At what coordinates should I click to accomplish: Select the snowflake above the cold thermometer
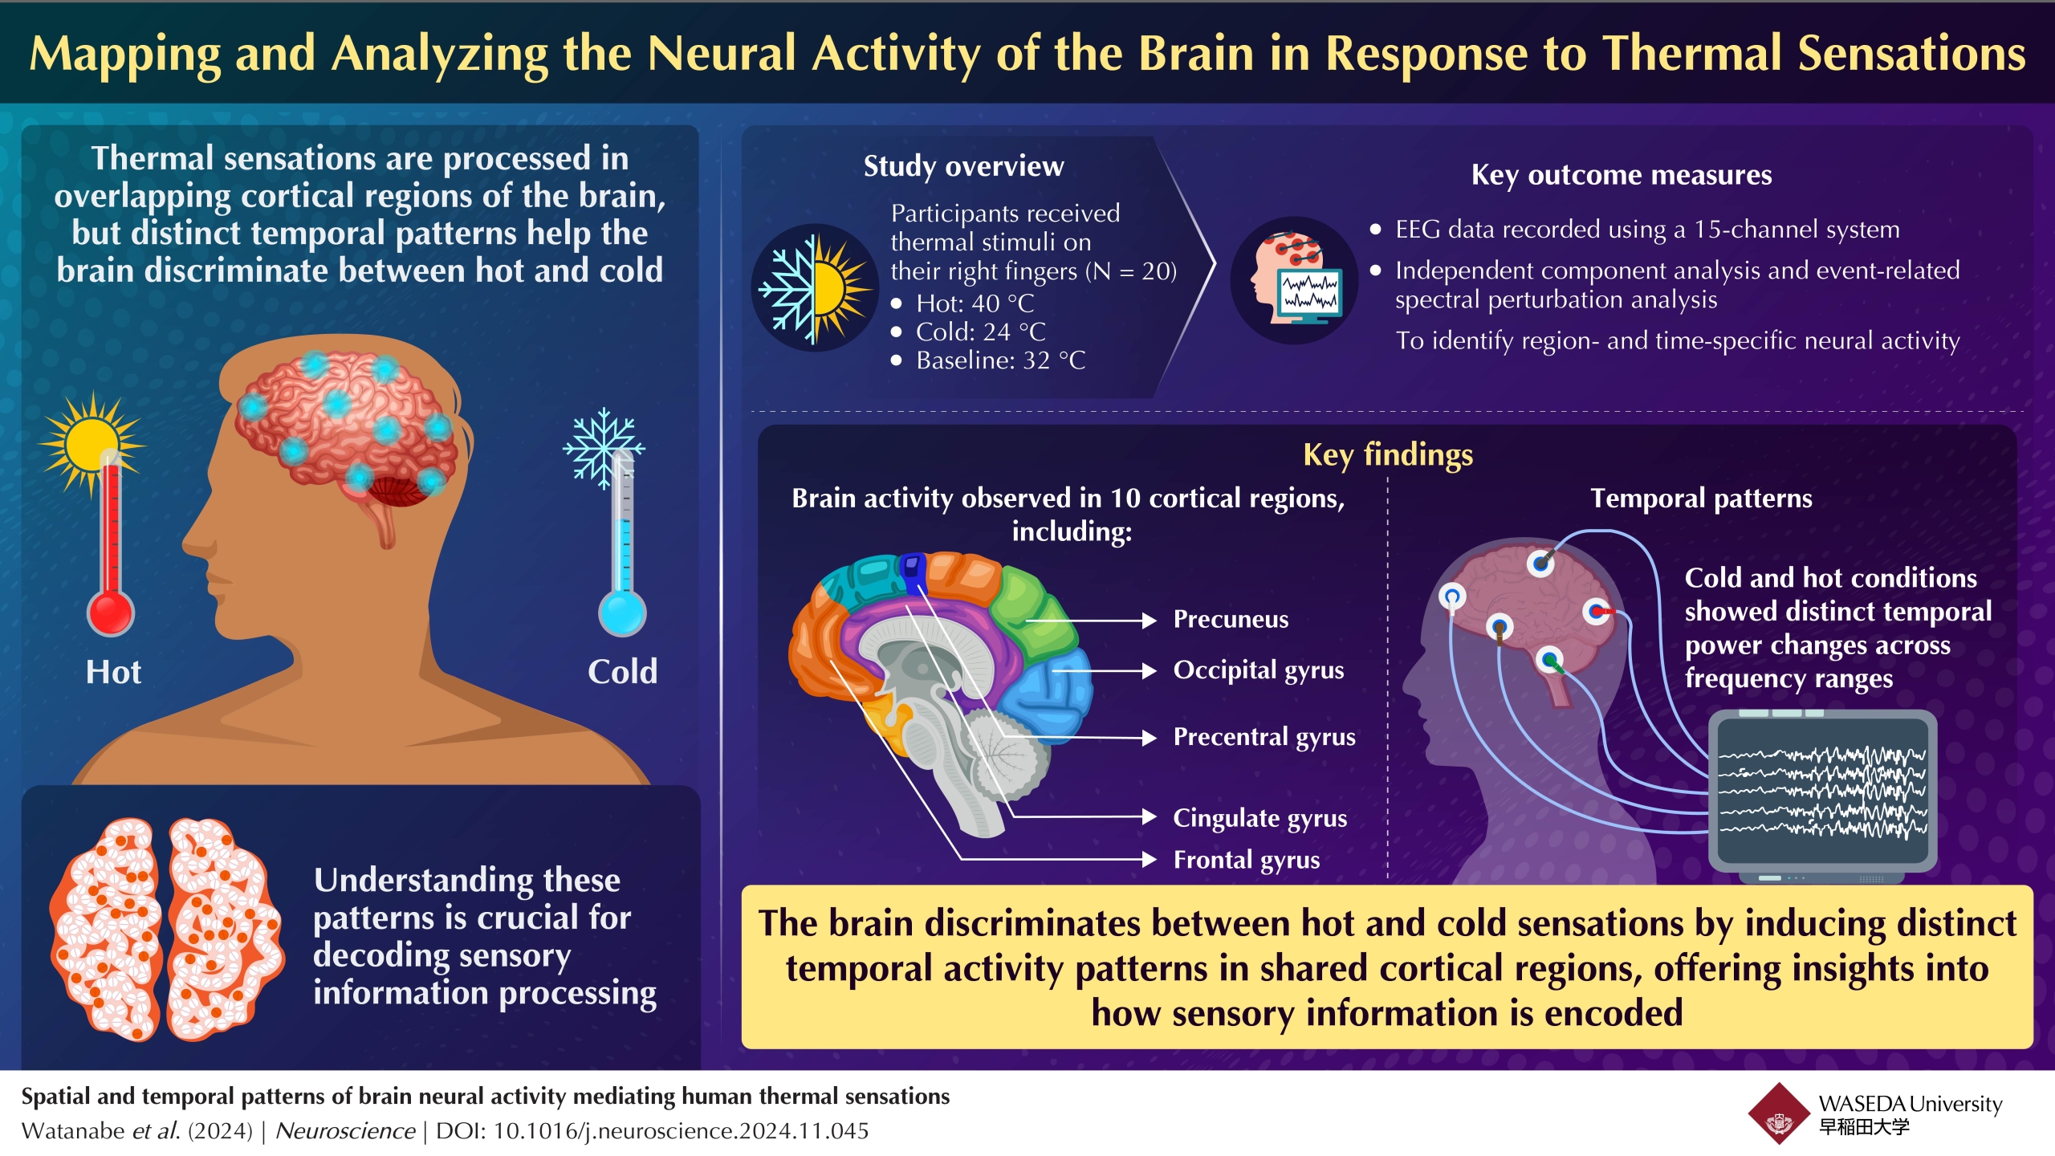pyautogui.click(x=604, y=448)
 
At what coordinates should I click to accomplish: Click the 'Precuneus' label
pyautogui.click(x=1231, y=619)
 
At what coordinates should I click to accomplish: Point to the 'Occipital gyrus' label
pyautogui.click(x=1258, y=670)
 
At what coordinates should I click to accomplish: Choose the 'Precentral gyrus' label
pyautogui.click(x=1264, y=737)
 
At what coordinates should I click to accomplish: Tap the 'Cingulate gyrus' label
pyautogui.click(x=1259, y=818)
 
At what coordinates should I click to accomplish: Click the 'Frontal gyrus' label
pyautogui.click(x=1246, y=860)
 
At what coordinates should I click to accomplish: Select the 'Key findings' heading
pyautogui.click(x=1388, y=455)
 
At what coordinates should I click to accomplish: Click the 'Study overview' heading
pyautogui.click(x=963, y=166)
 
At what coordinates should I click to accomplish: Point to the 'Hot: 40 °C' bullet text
pyautogui.click(x=975, y=303)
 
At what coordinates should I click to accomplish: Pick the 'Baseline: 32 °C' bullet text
pyautogui.click(x=1000, y=360)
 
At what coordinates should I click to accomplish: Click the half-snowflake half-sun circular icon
pyautogui.click(x=815, y=287)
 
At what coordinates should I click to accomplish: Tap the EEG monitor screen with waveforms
pyautogui.click(x=1822, y=792)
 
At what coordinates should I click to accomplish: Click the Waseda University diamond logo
pyautogui.click(x=1780, y=1113)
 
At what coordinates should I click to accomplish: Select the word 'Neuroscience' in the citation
pyautogui.click(x=345, y=1131)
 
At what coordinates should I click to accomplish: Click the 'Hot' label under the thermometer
pyautogui.click(x=113, y=672)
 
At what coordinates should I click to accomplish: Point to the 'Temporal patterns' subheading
pyautogui.click(x=1701, y=499)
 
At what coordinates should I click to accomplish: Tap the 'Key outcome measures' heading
pyautogui.click(x=1622, y=175)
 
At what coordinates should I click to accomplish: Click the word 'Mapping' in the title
pyautogui.click(x=125, y=55)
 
